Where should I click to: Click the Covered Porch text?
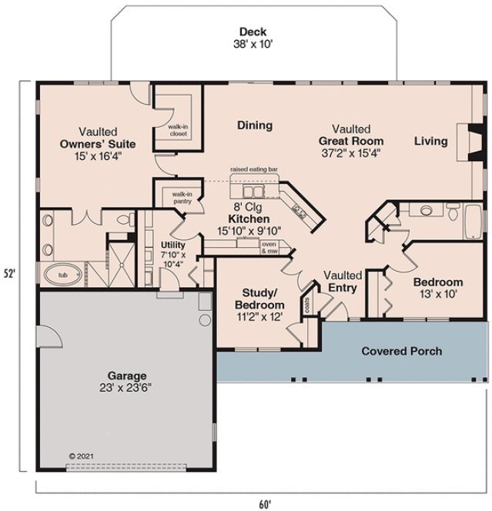(x=402, y=351)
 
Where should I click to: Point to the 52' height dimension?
(x=11, y=272)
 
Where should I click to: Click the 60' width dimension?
(x=264, y=504)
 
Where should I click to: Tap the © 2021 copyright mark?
(x=79, y=456)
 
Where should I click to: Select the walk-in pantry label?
(x=182, y=198)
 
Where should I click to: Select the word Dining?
(x=254, y=125)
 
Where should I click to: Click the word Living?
(x=431, y=141)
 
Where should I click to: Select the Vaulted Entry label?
(x=343, y=281)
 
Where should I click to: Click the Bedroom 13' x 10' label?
(x=437, y=288)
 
